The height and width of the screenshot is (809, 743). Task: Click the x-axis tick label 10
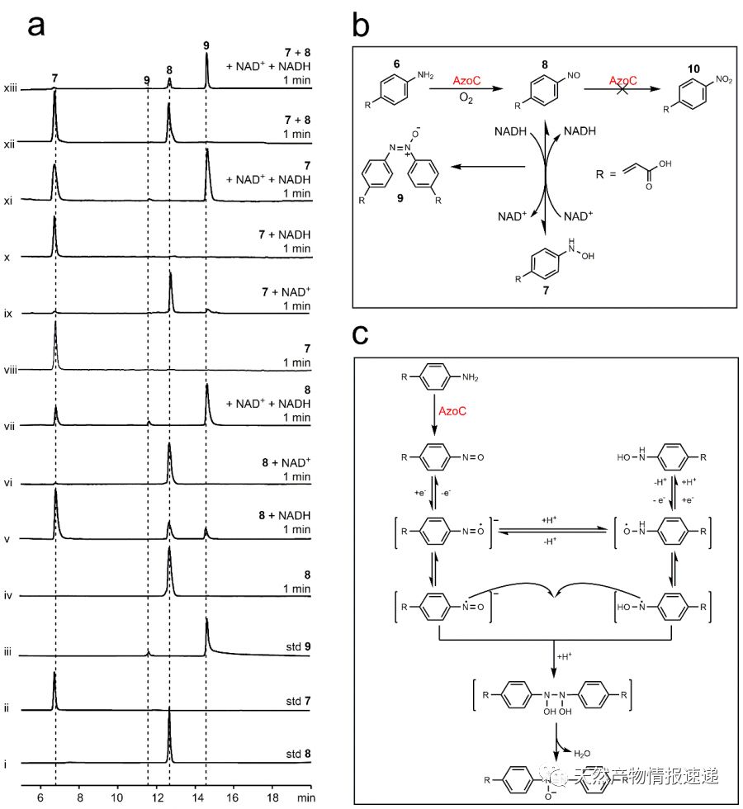click(x=117, y=798)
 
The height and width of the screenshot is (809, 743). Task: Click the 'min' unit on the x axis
click(x=306, y=798)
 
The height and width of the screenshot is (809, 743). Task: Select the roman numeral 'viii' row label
click(x=12, y=371)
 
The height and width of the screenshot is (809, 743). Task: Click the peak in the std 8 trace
click(x=169, y=712)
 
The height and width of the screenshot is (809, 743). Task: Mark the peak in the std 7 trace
click(x=54, y=677)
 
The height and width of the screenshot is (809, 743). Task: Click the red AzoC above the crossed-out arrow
click(x=624, y=81)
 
